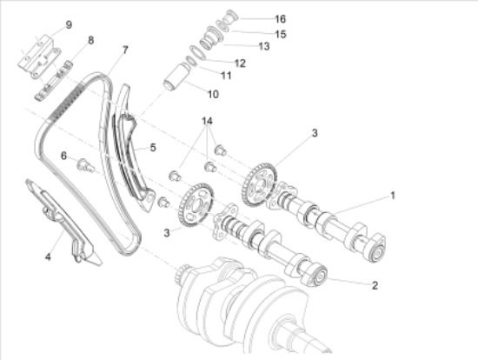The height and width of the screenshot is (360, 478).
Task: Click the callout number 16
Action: click(x=281, y=19)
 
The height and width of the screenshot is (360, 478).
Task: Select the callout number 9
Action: click(x=69, y=24)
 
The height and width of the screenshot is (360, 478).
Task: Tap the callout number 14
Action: click(x=207, y=121)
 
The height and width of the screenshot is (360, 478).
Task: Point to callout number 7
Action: click(x=125, y=50)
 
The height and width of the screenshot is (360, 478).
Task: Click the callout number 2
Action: click(x=375, y=285)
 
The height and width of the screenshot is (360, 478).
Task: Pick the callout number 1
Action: click(x=393, y=196)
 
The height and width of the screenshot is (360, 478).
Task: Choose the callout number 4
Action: click(x=48, y=257)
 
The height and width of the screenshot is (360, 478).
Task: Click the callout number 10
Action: click(x=213, y=94)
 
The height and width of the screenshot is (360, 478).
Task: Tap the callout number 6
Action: click(x=63, y=156)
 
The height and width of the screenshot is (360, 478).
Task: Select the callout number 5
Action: click(x=153, y=148)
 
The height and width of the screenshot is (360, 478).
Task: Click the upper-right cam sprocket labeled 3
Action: click(x=260, y=185)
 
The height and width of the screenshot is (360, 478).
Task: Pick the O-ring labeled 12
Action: click(x=197, y=52)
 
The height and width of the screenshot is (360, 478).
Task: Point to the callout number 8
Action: click(x=90, y=40)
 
